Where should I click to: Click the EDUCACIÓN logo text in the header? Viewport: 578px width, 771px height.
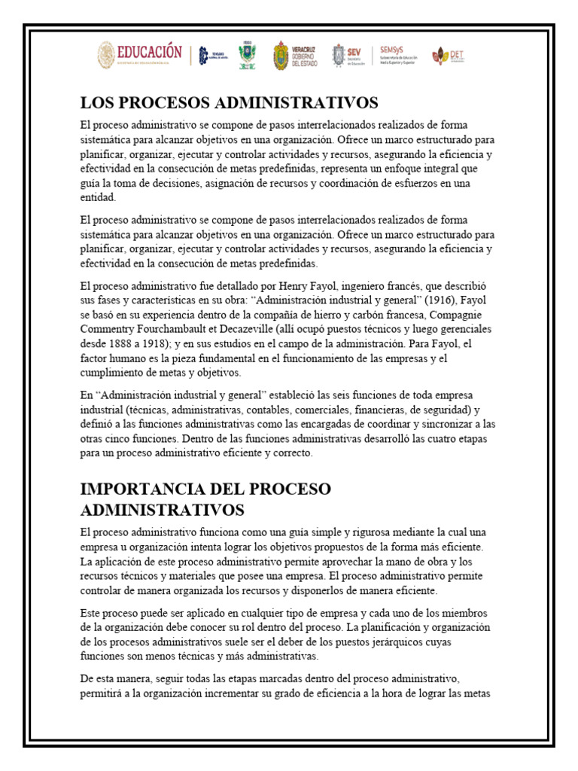(x=149, y=52)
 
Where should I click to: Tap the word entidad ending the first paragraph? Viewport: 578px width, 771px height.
(x=99, y=198)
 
